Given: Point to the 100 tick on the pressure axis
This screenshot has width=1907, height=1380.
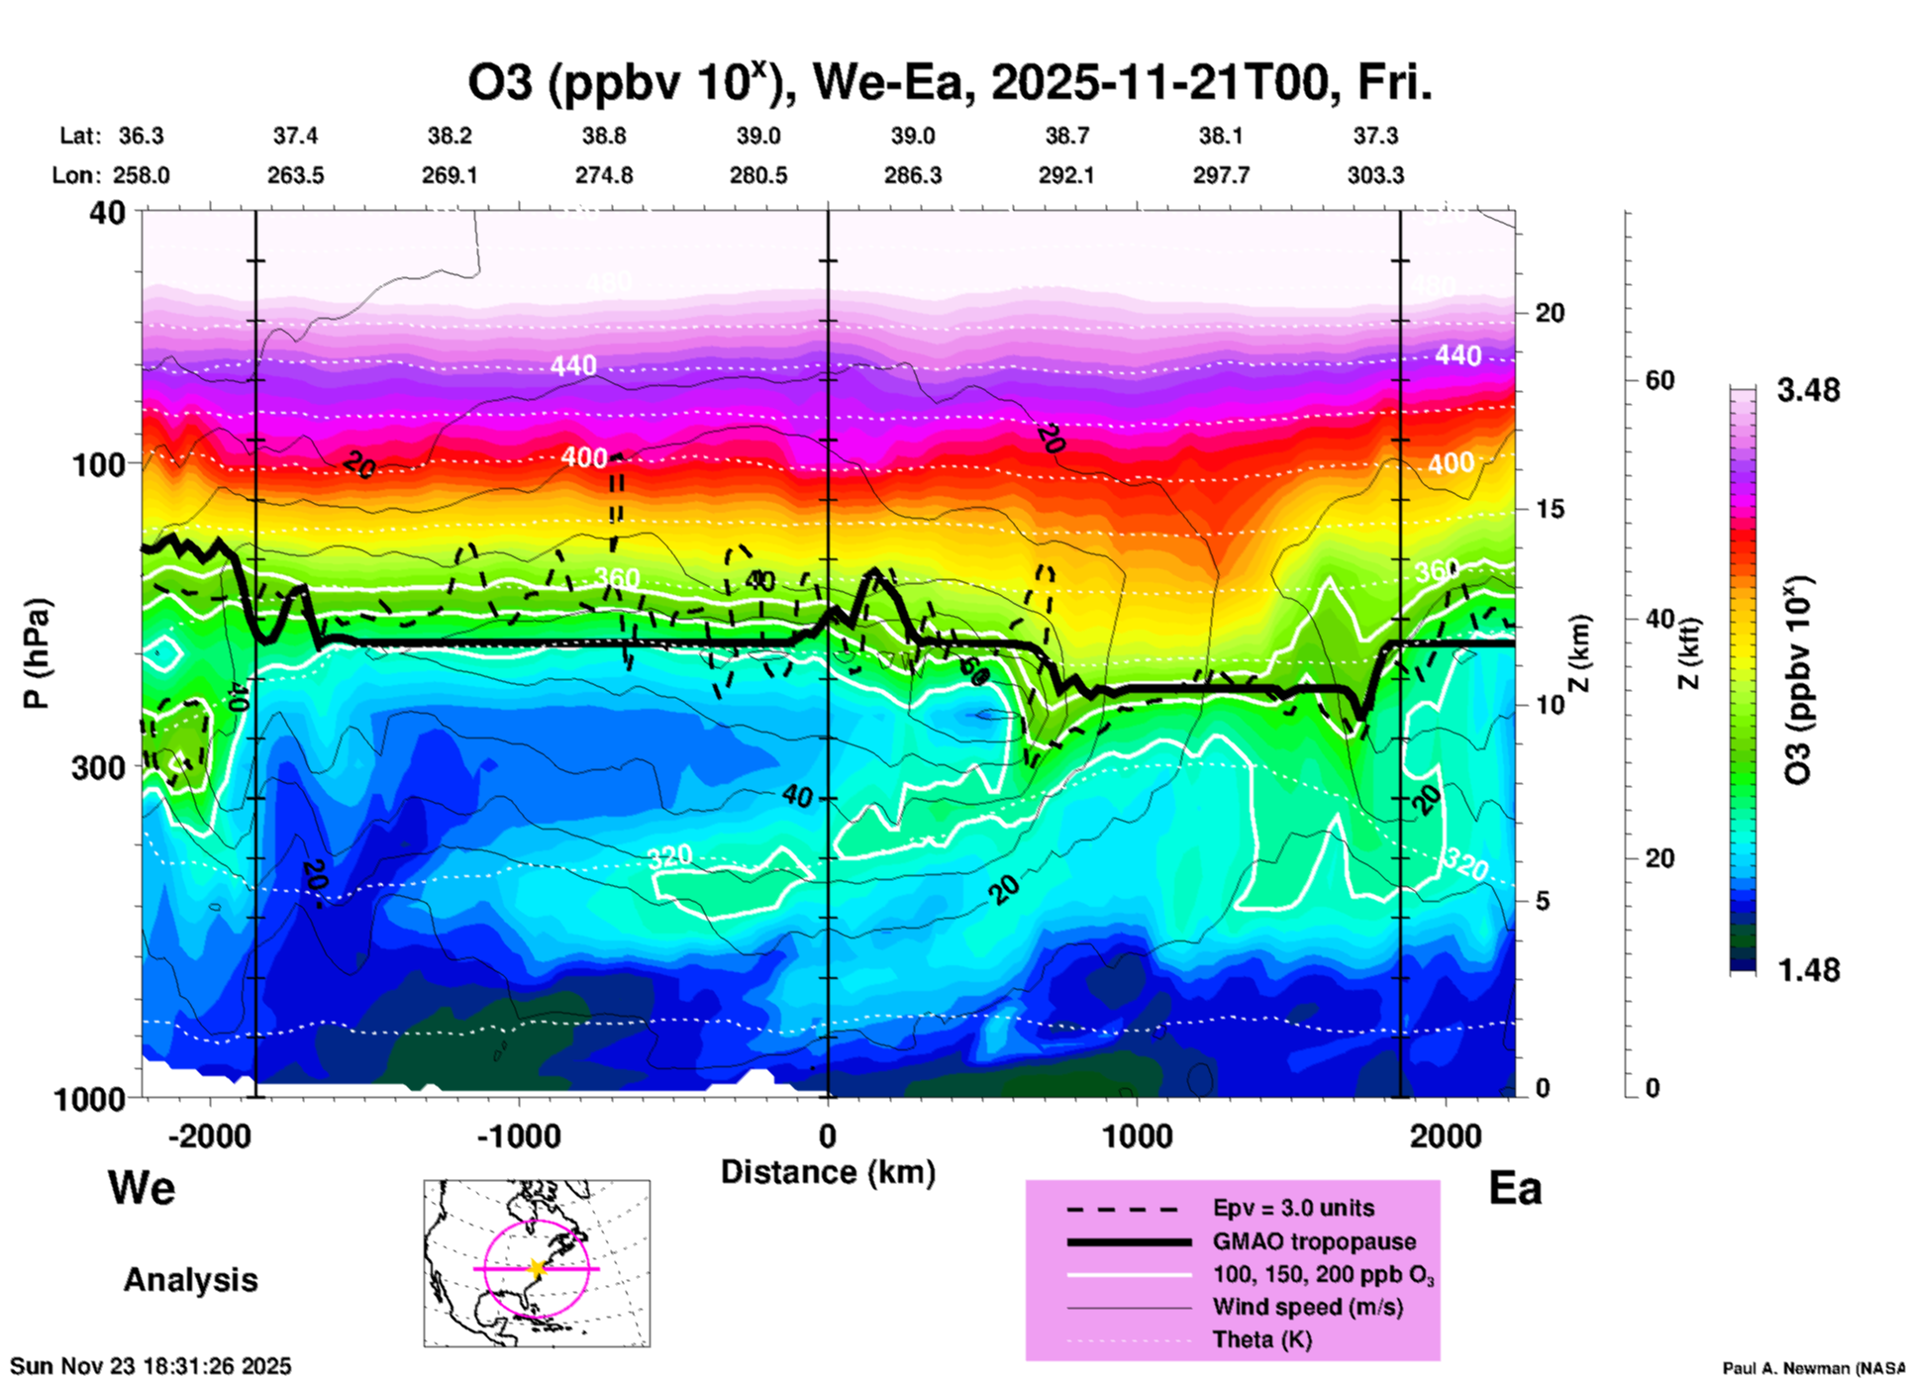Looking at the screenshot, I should pyautogui.click(x=99, y=464).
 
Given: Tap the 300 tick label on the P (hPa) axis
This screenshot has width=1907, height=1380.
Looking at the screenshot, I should pyautogui.click(x=99, y=767).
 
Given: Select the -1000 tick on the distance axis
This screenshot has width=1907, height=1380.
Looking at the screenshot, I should pyautogui.click(x=518, y=1136).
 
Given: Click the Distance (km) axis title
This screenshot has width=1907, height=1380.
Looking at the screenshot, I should pyautogui.click(x=828, y=1172).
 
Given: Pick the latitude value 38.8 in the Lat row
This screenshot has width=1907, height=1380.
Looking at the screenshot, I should pyautogui.click(x=603, y=136).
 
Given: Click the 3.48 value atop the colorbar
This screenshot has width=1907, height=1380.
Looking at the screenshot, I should pyautogui.click(x=1808, y=390).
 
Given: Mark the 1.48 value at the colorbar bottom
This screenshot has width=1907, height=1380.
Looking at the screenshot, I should pyautogui.click(x=1808, y=969).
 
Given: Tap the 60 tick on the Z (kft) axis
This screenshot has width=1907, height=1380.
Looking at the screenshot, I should pyautogui.click(x=1659, y=380).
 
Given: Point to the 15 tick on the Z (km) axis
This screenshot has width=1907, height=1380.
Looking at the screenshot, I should pyautogui.click(x=1550, y=509).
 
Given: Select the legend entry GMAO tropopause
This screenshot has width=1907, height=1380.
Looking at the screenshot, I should pyautogui.click(x=1314, y=1241).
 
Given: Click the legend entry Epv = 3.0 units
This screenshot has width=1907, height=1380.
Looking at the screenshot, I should pyautogui.click(x=1293, y=1208).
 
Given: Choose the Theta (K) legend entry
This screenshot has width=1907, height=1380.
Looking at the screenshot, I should pyautogui.click(x=1261, y=1339).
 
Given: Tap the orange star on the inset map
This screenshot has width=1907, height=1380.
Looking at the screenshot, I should pyautogui.click(x=537, y=1268).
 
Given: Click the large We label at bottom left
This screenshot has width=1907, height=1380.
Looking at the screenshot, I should pyautogui.click(x=142, y=1187).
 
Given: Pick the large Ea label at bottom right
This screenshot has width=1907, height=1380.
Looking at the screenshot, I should pyautogui.click(x=1515, y=1189).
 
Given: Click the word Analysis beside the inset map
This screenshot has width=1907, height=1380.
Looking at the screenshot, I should pyautogui.click(x=190, y=1280).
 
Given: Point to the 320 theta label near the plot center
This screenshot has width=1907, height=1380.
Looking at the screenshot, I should pyautogui.click(x=669, y=856).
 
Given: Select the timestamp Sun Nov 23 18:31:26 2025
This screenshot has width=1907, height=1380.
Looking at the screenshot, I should pyautogui.click(x=151, y=1366).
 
